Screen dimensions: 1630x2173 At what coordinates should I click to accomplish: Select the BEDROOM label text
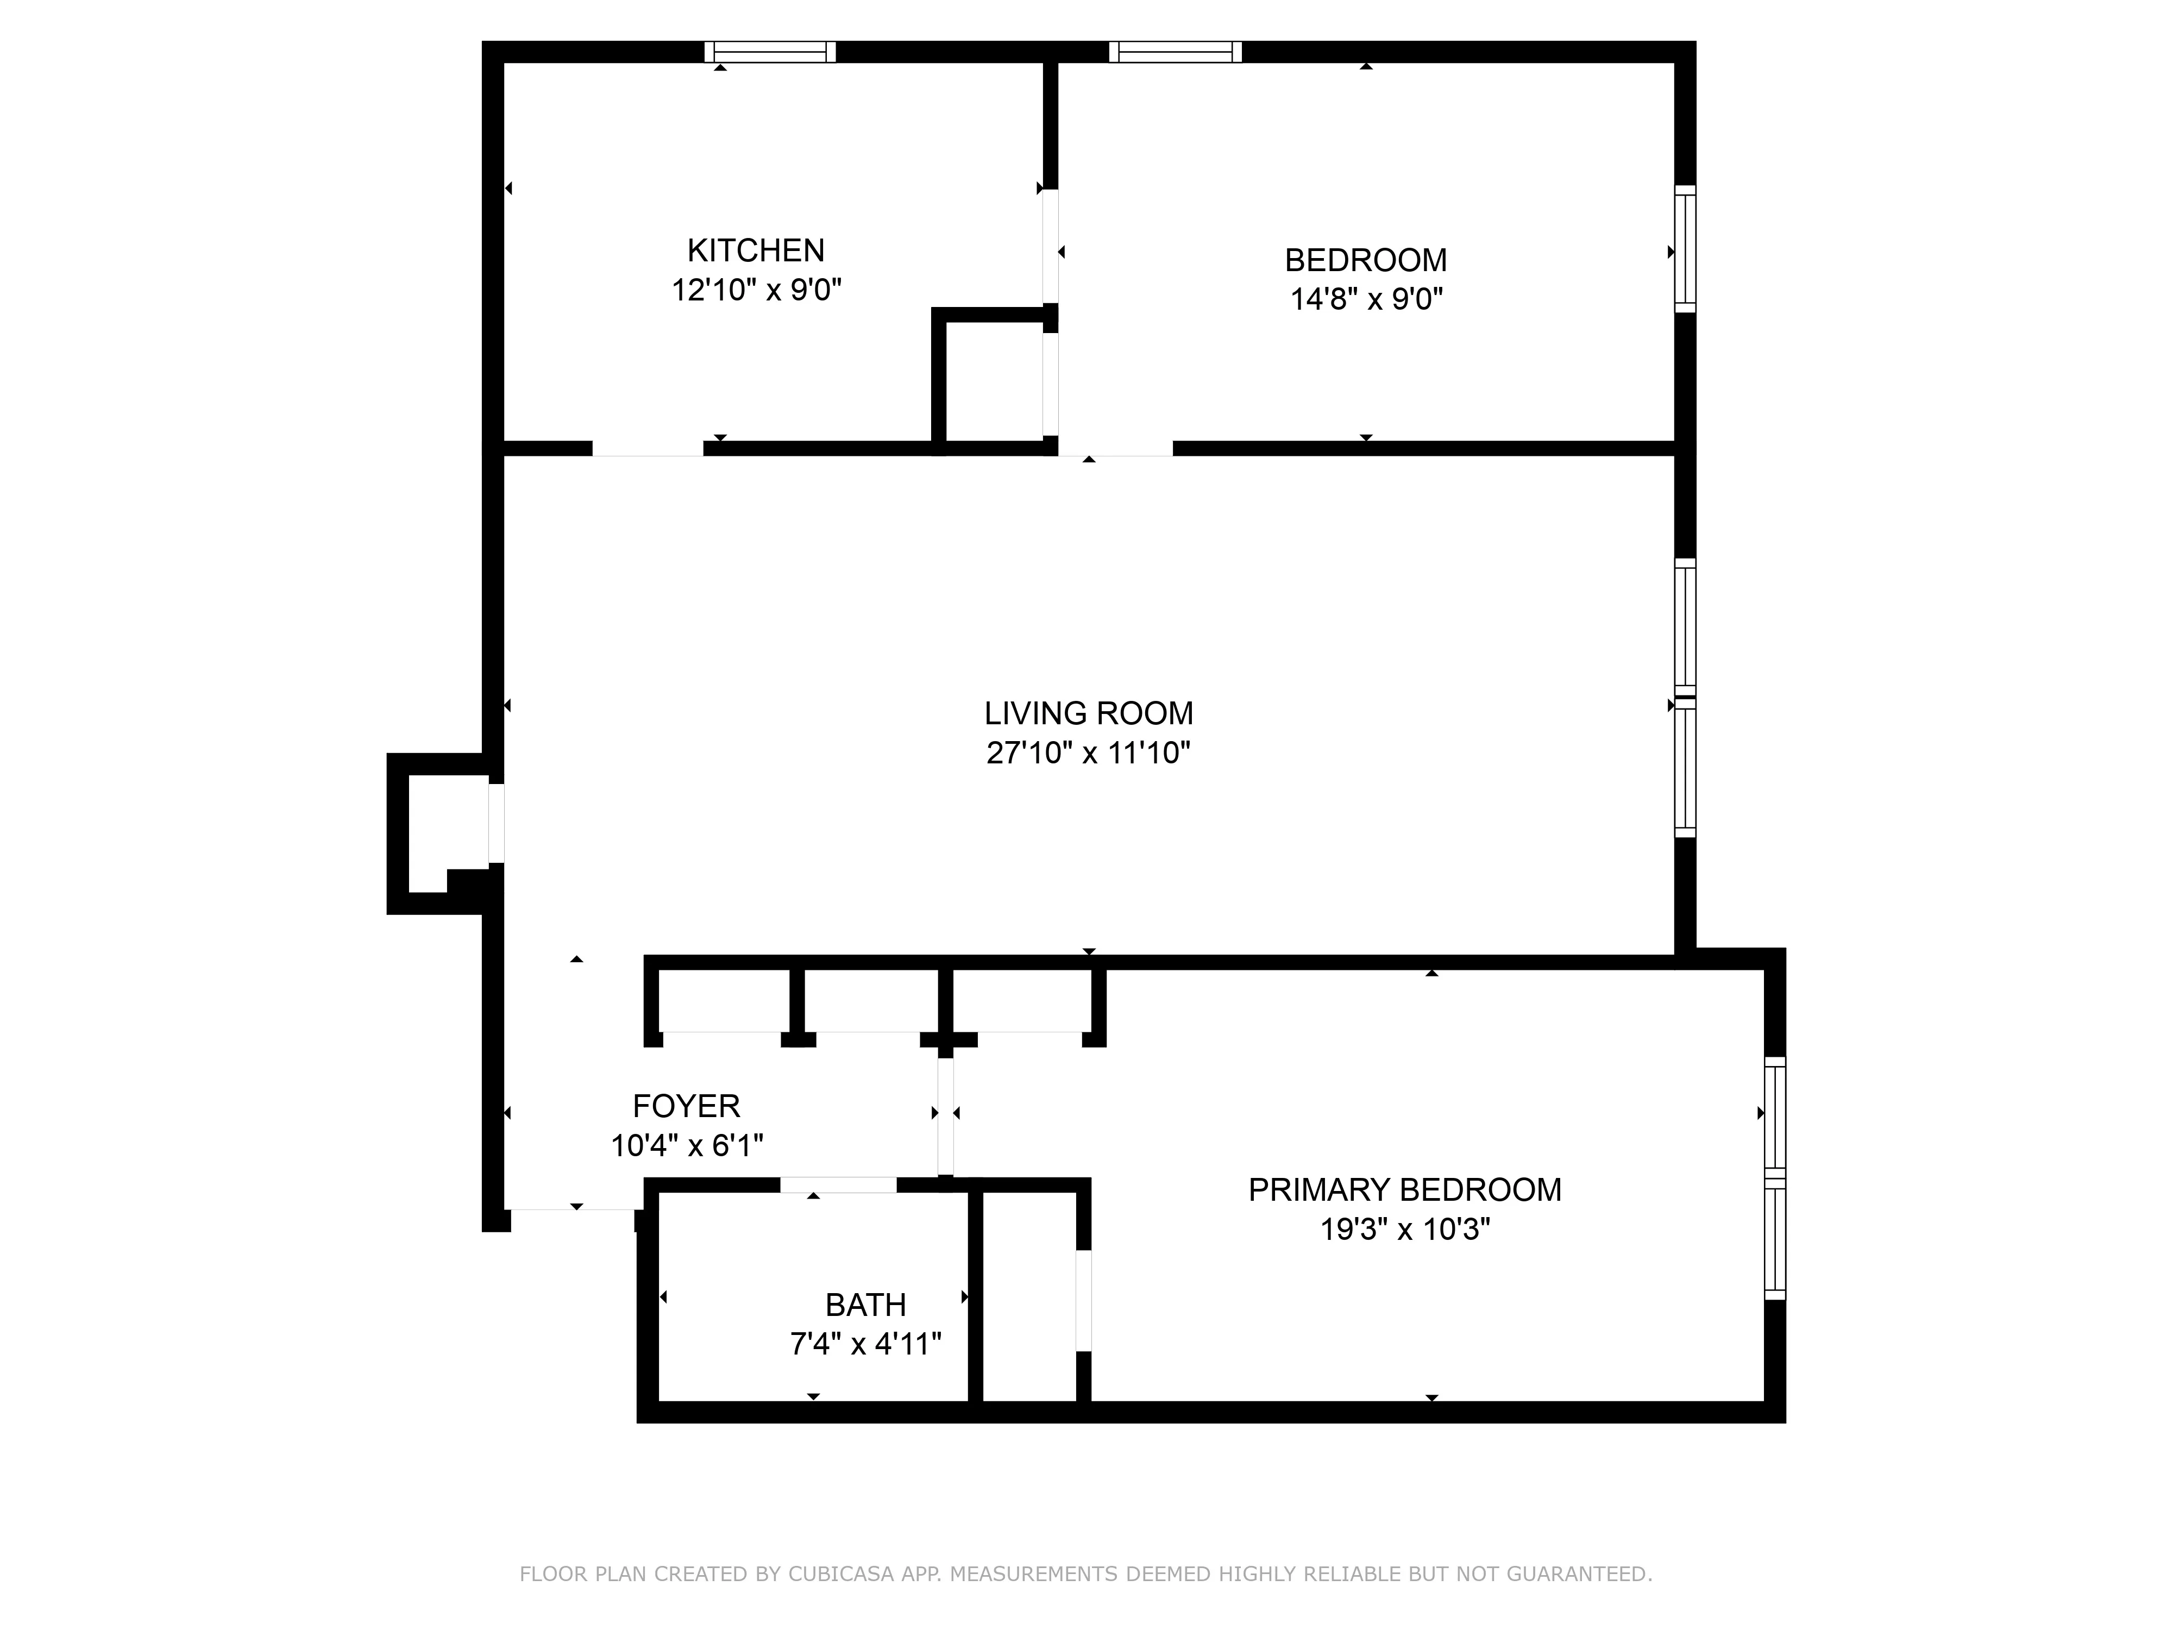point(1366,260)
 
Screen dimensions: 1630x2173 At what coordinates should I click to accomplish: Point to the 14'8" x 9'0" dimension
point(1366,299)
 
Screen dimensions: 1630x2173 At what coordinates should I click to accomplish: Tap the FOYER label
point(686,1106)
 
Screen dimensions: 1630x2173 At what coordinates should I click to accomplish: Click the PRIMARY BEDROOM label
point(1404,1190)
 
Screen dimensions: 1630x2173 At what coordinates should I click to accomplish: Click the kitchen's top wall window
point(770,52)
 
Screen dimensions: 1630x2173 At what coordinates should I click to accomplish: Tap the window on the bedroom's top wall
point(1175,52)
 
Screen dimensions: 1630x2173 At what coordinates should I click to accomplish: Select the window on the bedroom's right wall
point(1685,249)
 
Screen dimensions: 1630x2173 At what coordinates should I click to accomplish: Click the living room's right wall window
point(1685,698)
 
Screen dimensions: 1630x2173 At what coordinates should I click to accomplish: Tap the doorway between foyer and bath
point(838,1185)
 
